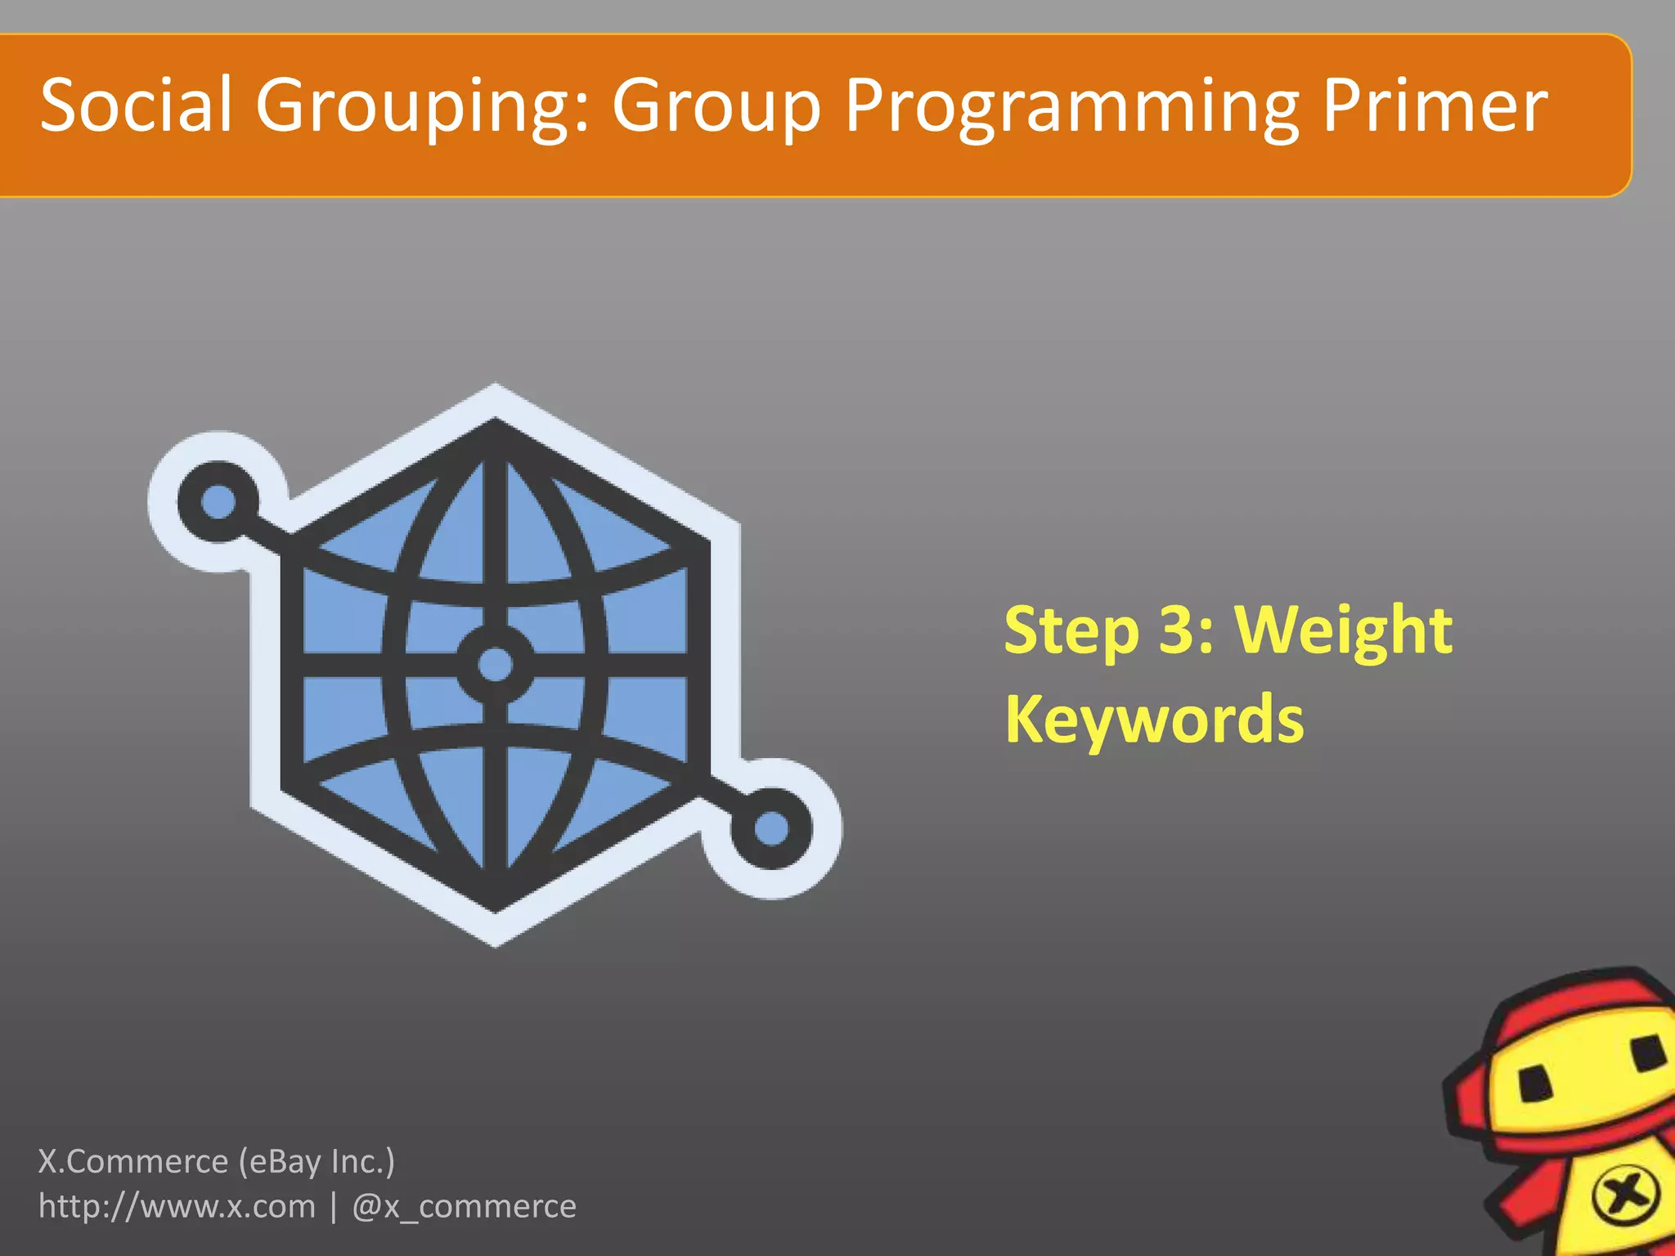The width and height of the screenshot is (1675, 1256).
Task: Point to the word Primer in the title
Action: pos(1435,106)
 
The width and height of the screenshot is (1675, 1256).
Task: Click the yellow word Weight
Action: pos(1343,631)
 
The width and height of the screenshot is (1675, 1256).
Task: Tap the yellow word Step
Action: pos(1071,631)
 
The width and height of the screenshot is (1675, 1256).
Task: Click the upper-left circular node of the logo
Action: pos(218,500)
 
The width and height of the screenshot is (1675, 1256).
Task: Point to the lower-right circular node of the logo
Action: pos(770,829)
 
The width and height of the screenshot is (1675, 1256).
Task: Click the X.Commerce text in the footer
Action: pos(133,1161)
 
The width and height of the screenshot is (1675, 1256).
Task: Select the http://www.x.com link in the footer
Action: pos(177,1207)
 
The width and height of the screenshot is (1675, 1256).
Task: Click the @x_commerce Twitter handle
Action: pos(464,1207)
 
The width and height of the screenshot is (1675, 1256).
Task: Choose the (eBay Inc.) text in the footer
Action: pos(317,1161)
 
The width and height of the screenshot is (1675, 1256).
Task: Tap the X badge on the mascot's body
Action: pos(1625,1196)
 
